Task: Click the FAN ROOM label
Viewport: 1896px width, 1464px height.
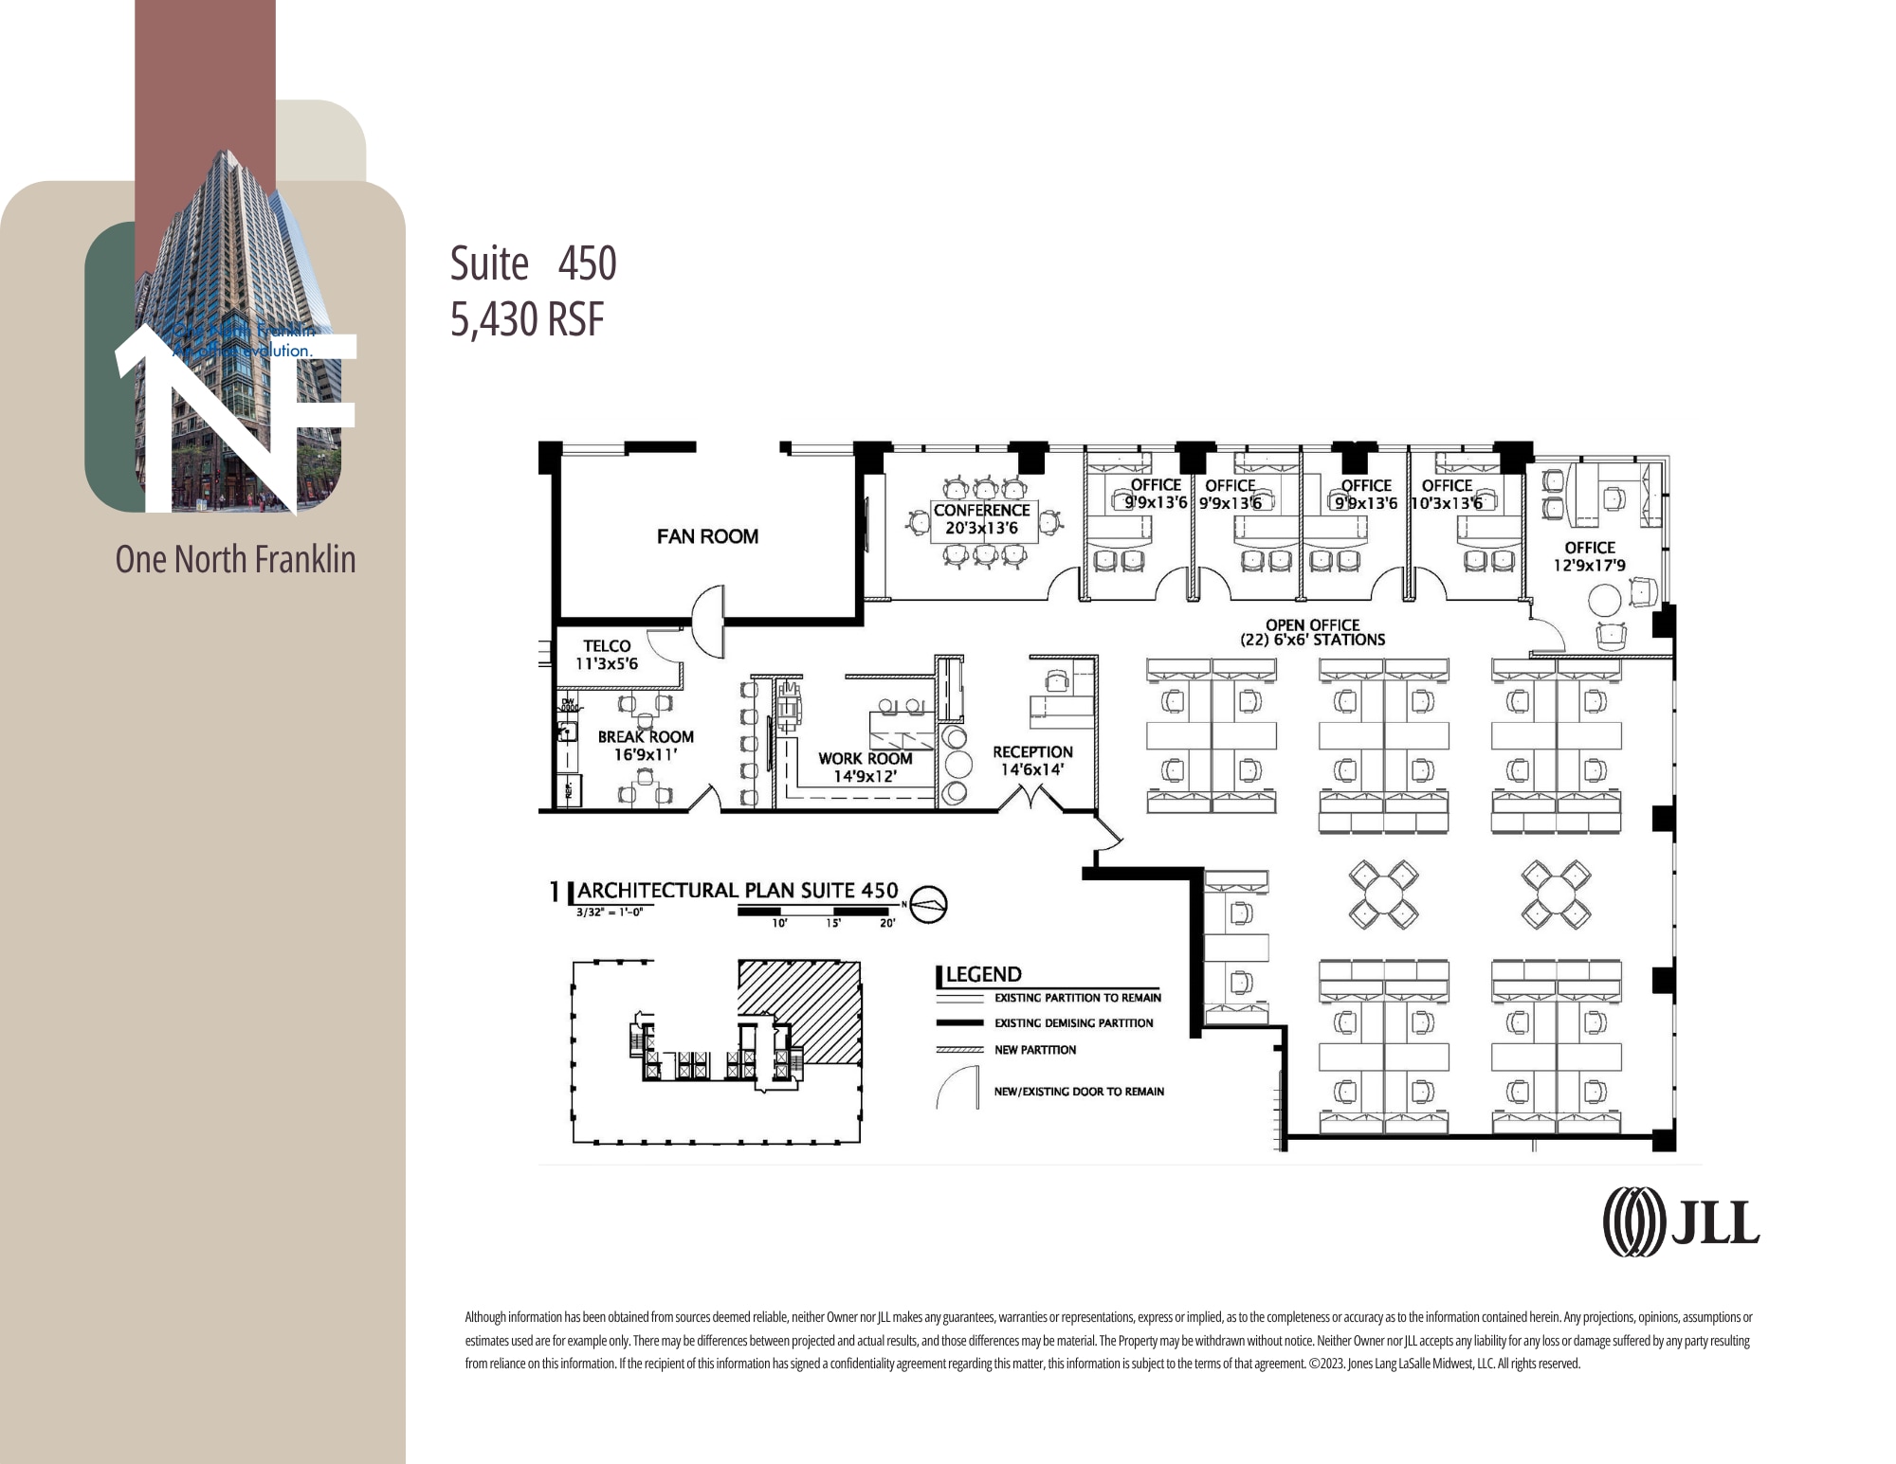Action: click(707, 536)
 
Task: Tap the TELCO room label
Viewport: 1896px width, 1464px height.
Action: click(607, 655)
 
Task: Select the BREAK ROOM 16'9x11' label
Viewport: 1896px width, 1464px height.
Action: click(646, 746)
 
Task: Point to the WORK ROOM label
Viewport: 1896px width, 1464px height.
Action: click(865, 767)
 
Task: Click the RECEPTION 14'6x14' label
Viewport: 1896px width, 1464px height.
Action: click(1032, 760)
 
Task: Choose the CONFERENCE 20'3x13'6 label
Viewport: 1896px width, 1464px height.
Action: click(981, 518)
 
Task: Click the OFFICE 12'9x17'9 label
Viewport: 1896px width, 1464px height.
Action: click(1589, 556)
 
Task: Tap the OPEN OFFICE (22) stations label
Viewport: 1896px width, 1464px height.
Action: click(1312, 632)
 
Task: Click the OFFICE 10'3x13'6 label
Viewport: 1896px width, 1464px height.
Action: click(1447, 494)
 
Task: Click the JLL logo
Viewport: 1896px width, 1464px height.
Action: click(1681, 1222)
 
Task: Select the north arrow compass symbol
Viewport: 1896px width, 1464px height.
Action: click(928, 904)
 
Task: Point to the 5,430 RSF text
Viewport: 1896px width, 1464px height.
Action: click(527, 319)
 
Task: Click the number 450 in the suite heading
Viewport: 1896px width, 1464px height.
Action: click(587, 263)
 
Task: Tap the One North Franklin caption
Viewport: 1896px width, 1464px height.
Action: click(235, 559)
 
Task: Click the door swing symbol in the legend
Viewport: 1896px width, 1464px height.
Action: click(957, 1087)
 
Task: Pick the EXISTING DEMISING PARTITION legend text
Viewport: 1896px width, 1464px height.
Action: click(1073, 1023)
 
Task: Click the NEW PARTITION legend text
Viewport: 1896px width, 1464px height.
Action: click(1034, 1050)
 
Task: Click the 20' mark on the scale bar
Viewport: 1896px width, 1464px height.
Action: click(887, 923)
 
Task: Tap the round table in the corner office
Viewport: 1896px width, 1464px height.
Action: click(1605, 601)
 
